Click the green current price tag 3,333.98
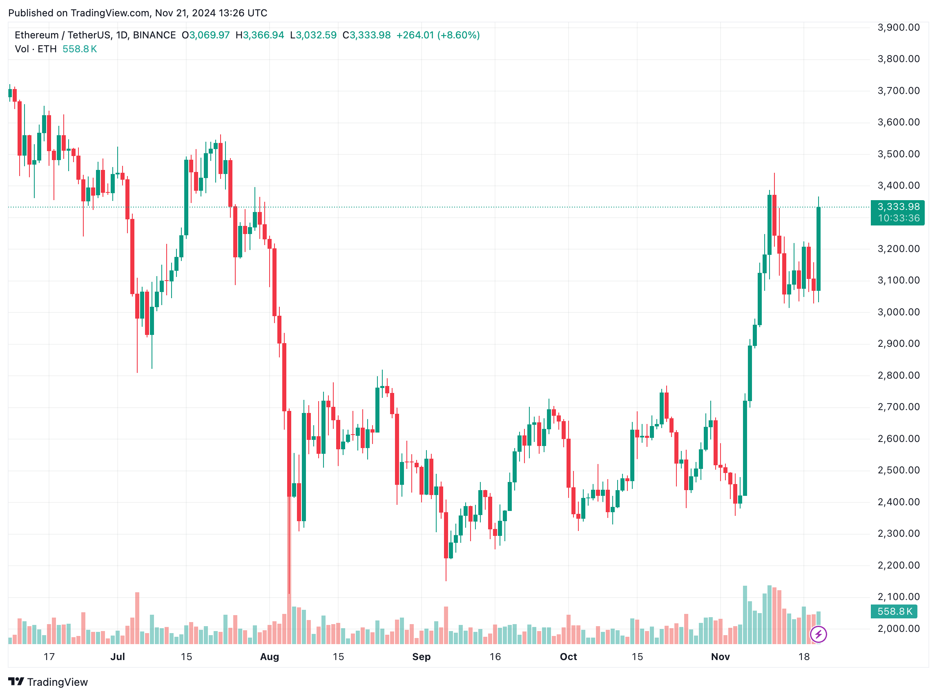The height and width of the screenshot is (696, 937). [898, 207]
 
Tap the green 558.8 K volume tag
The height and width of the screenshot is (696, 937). [894, 611]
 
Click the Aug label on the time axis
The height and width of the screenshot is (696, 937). [269, 657]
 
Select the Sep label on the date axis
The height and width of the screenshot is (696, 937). [421, 657]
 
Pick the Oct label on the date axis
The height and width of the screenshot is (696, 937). [568, 657]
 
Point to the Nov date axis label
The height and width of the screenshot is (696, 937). [720, 657]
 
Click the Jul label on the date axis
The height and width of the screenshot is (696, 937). [118, 657]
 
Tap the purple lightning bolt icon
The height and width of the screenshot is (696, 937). [818, 634]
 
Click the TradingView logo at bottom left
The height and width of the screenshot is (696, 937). [48, 682]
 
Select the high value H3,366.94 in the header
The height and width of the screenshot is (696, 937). [259, 35]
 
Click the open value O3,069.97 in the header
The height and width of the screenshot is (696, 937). [205, 35]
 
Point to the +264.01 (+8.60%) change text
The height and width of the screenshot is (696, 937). [438, 35]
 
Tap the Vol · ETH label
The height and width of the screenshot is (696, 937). [36, 49]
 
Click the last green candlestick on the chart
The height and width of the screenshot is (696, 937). [819, 249]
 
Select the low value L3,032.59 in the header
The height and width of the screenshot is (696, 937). [313, 35]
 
